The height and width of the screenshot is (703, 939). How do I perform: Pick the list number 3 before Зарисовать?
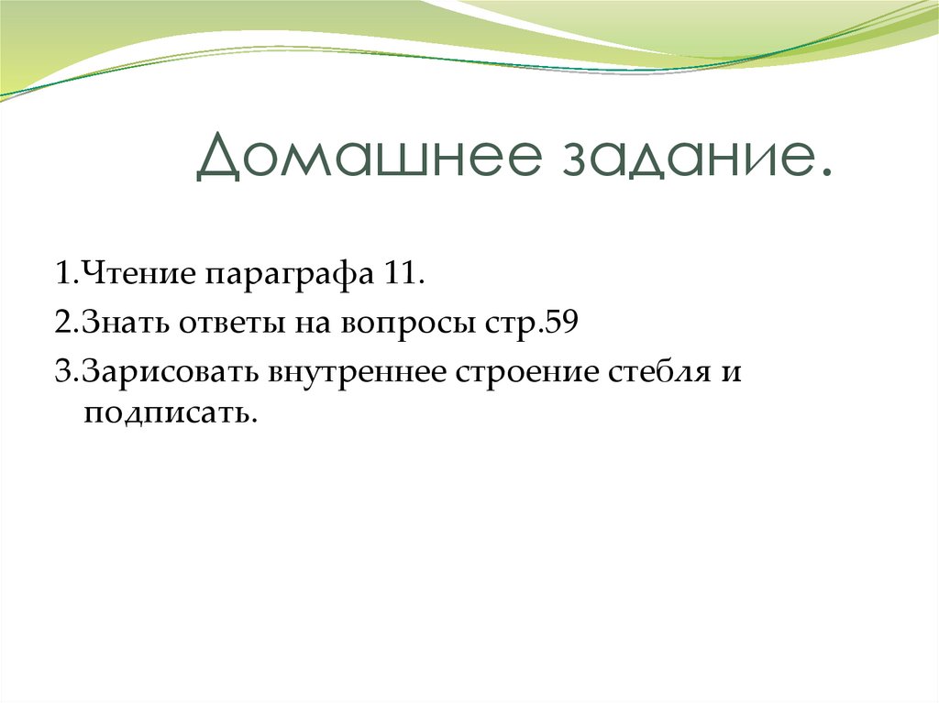(61, 374)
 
